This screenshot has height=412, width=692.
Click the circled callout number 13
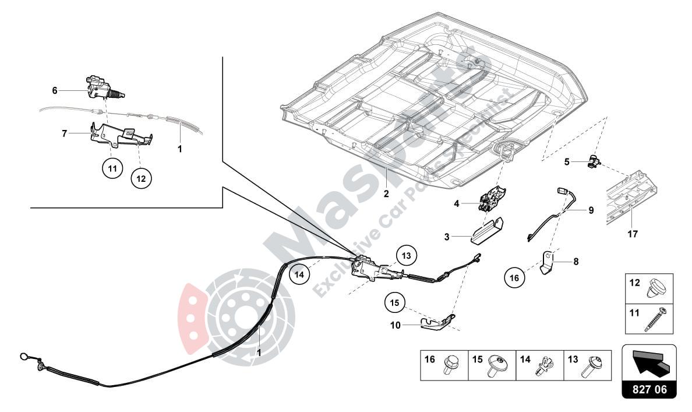406,255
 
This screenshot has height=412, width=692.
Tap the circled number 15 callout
394,303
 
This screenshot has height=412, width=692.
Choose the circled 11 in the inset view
112,168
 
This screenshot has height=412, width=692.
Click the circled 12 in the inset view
140,179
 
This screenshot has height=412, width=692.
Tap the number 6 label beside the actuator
55,90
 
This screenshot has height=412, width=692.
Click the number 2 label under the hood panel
386,194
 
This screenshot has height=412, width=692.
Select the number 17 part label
633,234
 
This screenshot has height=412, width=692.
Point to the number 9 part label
591,210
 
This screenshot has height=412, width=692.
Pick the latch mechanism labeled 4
492,198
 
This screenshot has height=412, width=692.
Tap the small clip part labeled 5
593,161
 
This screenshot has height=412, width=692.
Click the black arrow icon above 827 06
649,361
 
